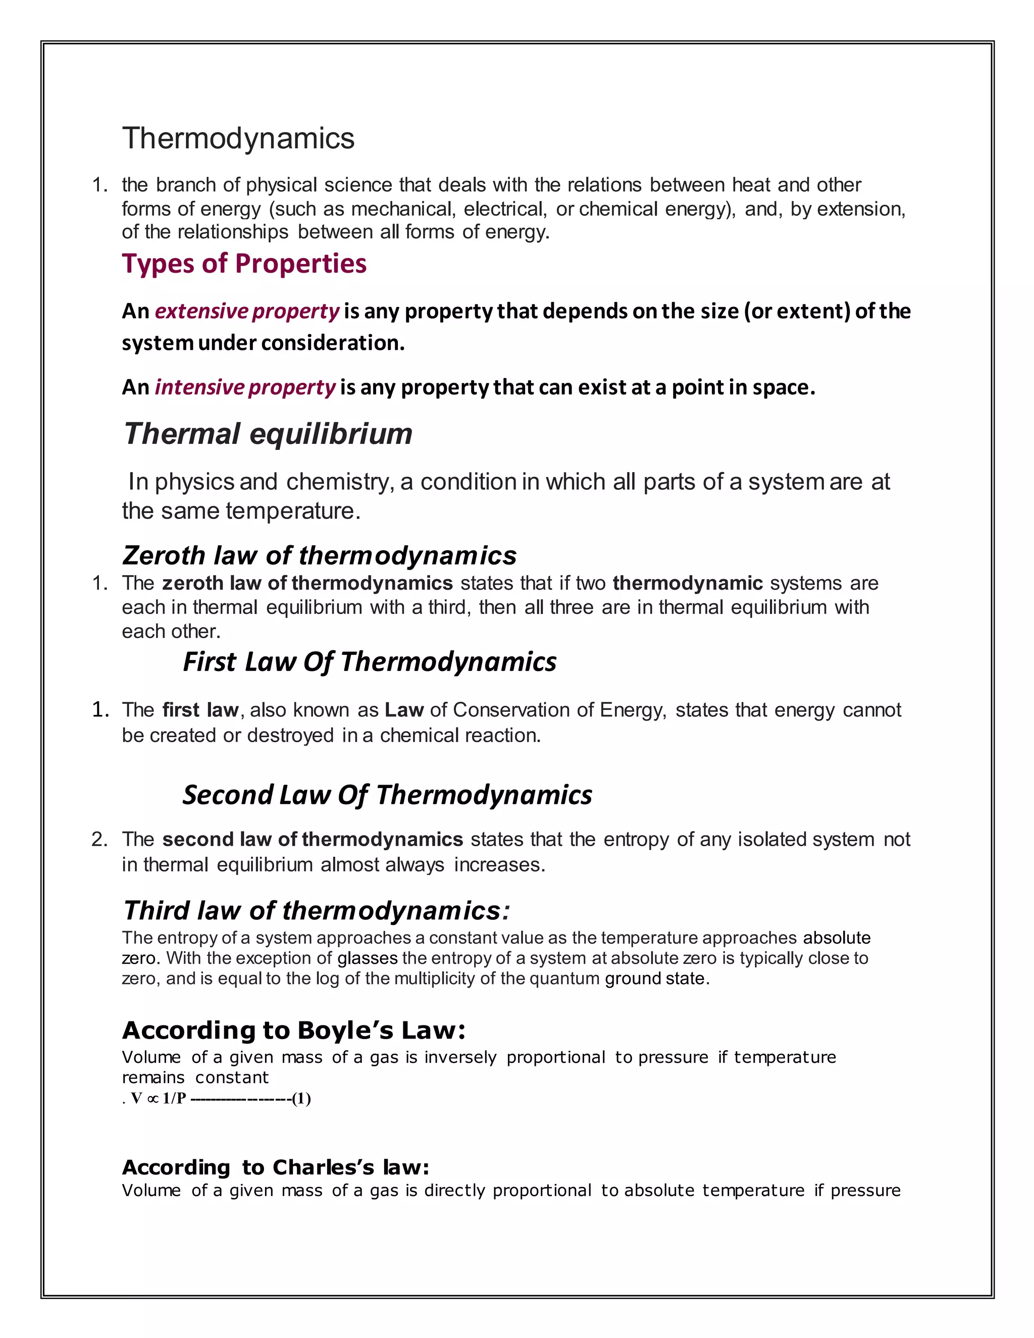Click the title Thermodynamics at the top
[238, 138]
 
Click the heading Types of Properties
[244, 264]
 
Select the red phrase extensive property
[246, 311]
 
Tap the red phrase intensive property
[244, 388]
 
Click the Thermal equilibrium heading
[268, 434]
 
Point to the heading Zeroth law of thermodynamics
[319, 555]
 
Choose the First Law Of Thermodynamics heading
[370, 661]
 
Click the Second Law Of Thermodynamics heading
[387, 795]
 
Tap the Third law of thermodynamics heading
[316, 910]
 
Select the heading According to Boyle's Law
[293, 1031]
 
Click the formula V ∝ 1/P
[158, 1099]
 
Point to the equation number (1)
[301, 1099]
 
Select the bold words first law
[200, 710]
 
